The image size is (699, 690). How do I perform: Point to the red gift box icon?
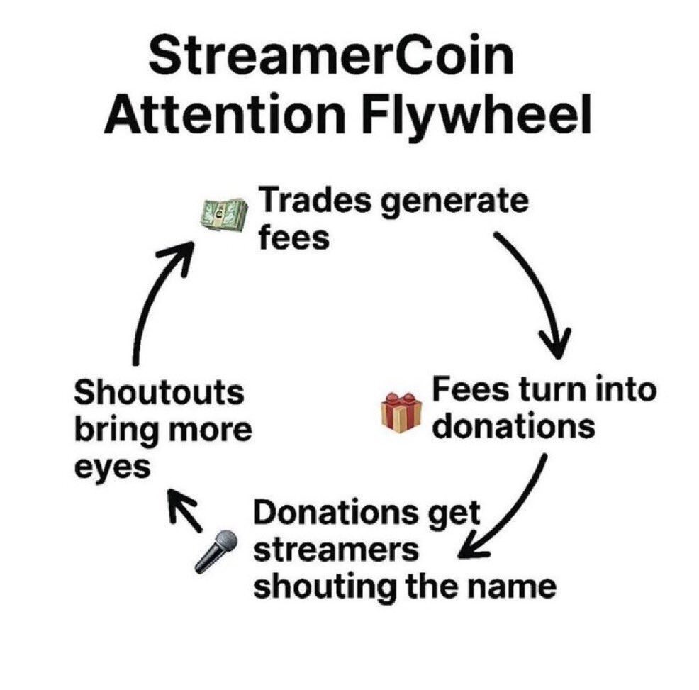401,413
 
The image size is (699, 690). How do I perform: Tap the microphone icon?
216,551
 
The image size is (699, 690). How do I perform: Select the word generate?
455,203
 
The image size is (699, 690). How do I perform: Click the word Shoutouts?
159,392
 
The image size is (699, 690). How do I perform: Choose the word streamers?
337,550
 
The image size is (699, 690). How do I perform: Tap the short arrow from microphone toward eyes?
185,509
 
